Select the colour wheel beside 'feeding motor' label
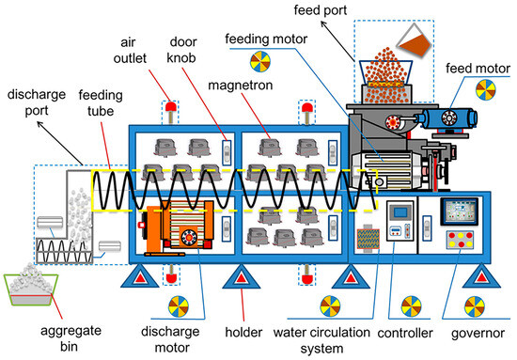point(258,63)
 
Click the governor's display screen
point(462,211)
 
